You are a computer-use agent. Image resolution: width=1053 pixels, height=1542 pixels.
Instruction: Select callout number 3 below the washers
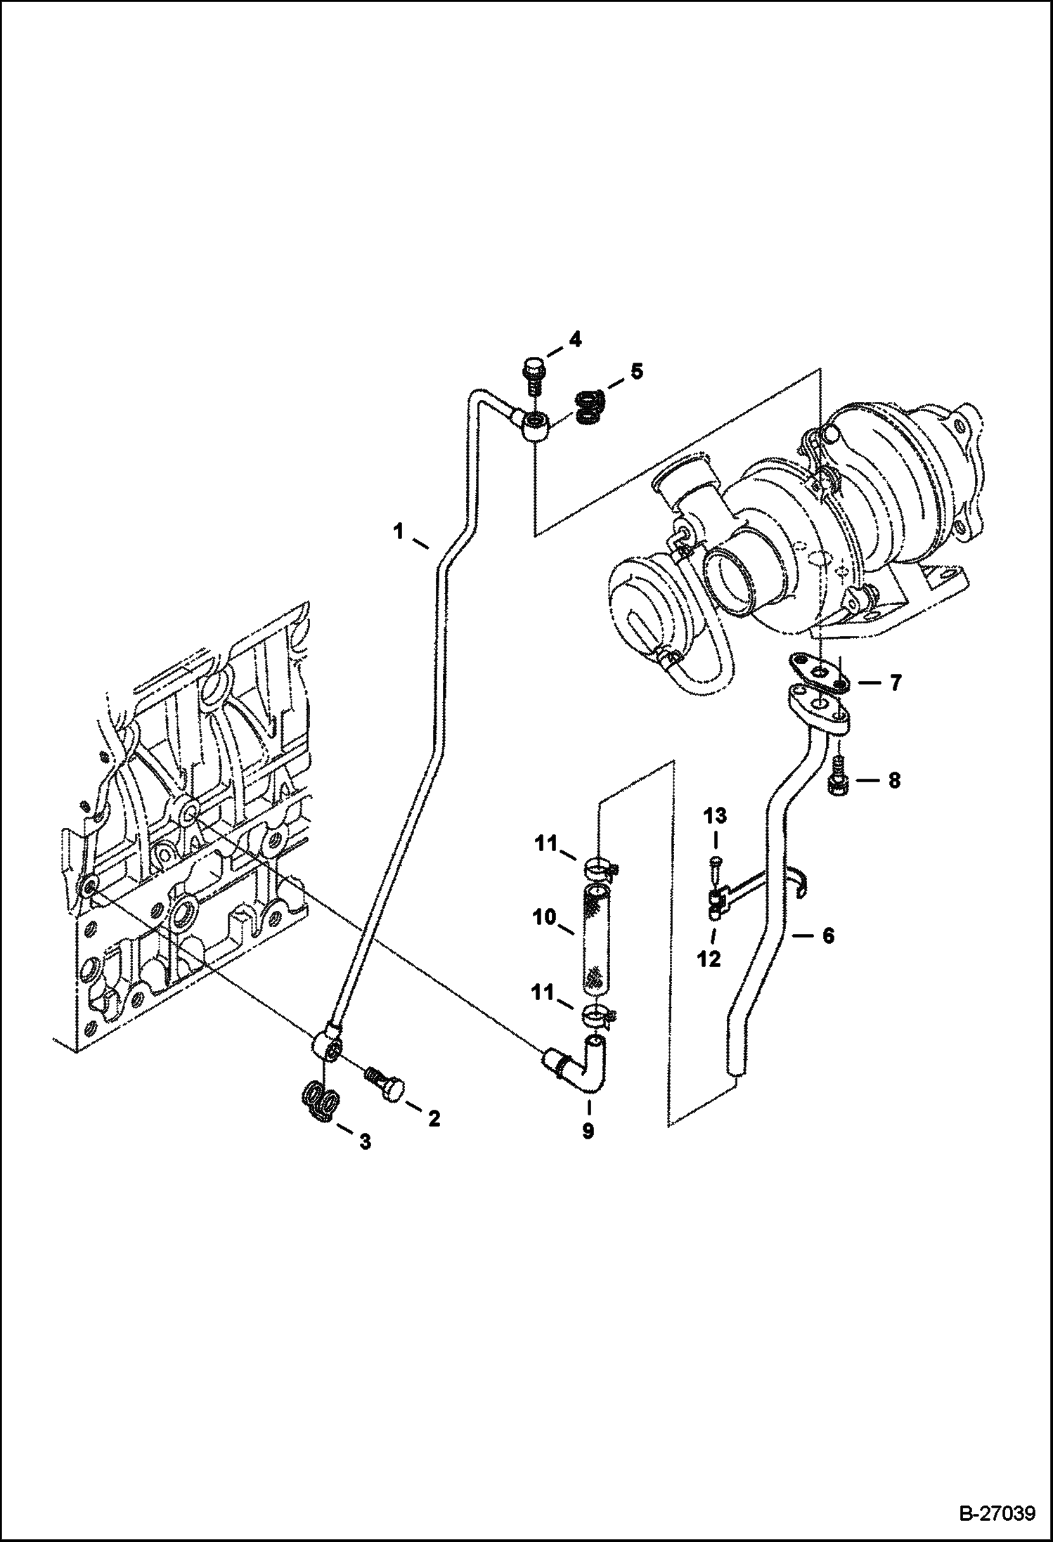click(365, 1142)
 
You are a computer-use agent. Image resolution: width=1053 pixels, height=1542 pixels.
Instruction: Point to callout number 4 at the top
click(576, 340)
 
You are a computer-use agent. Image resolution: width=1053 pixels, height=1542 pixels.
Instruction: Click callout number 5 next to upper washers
click(636, 371)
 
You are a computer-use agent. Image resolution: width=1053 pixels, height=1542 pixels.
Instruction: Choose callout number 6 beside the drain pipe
click(828, 935)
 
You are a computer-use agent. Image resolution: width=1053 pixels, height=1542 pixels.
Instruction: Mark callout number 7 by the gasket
click(895, 682)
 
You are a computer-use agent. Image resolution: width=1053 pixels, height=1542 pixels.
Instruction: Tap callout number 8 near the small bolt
click(894, 781)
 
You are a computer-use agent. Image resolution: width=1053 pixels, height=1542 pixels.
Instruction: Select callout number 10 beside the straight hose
click(544, 917)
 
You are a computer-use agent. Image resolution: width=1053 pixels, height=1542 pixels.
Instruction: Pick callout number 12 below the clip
click(709, 959)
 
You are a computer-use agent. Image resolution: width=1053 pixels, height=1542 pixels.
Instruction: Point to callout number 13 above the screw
click(716, 816)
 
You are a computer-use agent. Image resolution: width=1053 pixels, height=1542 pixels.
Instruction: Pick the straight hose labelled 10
click(595, 940)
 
